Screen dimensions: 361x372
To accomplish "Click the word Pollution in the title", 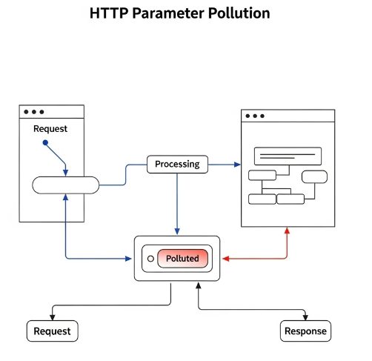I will [239, 13].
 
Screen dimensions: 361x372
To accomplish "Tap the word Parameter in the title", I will [171, 13].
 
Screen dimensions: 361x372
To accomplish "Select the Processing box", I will [177, 164].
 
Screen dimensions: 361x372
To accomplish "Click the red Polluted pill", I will [182, 259].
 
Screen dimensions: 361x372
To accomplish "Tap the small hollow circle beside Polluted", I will [150, 259].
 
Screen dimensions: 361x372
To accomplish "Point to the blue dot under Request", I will [45, 142].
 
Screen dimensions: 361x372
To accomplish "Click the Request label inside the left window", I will [50, 128].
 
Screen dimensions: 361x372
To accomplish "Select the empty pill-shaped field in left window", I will [66, 185].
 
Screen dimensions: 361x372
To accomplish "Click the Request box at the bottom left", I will [52, 331].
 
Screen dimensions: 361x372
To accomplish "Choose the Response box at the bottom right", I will [305, 331].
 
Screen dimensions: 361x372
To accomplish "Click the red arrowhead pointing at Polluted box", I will [226, 259].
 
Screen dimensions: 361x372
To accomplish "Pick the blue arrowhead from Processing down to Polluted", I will [176, 231].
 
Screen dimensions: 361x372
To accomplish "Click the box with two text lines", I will [288, 156].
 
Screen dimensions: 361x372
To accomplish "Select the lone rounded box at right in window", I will [314, 176].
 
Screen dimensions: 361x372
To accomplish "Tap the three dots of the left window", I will [33, 112].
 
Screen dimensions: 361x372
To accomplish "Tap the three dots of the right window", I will [254, 116].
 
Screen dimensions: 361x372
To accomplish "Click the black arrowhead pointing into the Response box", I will [305, 317].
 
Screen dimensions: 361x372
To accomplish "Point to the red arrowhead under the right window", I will [287, 230].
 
